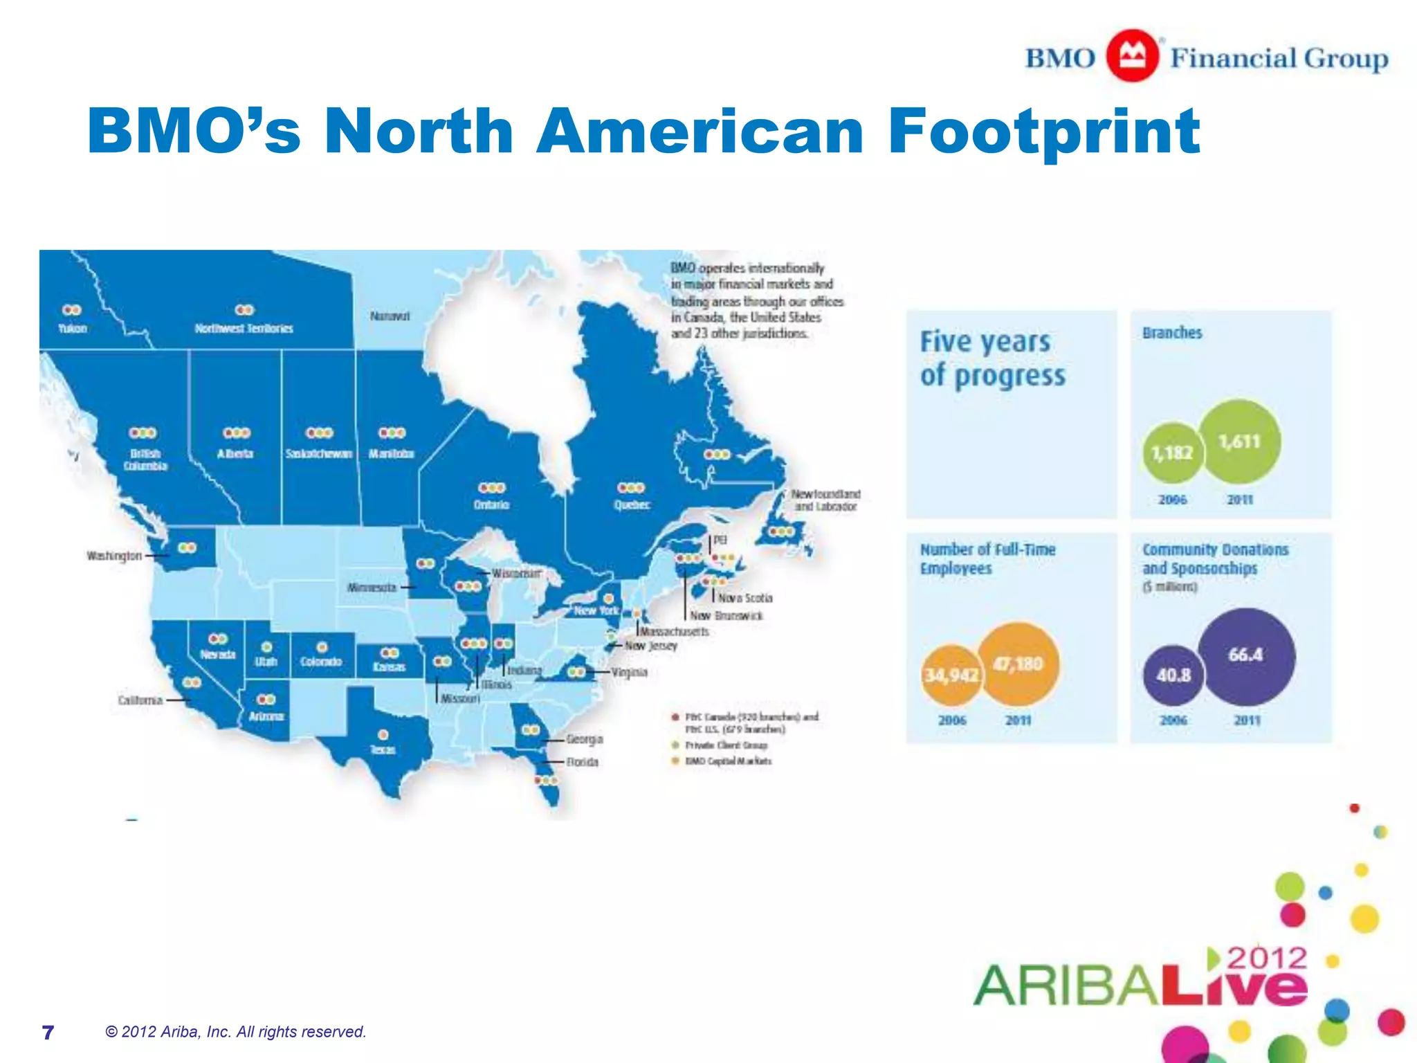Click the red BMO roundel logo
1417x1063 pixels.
tap(1132, 56)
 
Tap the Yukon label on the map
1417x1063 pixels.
tap(72, 328)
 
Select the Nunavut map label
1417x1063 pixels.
tap(390, 316)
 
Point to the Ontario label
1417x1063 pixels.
tap(491, 505)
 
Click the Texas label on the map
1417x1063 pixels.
tap(383, 749)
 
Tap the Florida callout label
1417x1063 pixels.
tap(582, 762)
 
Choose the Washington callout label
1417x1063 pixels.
tap(114, 556)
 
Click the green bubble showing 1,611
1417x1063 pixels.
tap(1239, 442)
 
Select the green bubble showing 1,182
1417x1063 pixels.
tap(1172, 453)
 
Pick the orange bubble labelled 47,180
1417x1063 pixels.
tap(1018, 664)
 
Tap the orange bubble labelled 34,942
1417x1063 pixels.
tap(951, 675)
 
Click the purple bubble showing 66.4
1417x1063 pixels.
tap(1245, 655)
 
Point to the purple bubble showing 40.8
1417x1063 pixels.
tap(1173, 675)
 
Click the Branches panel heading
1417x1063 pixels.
tap(1172, 333)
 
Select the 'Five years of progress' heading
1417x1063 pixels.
tap(992, 359)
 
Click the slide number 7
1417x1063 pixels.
tap(48, 1033)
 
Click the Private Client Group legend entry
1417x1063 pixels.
tap(726, 745)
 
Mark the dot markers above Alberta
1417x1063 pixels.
tap(236, 433)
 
